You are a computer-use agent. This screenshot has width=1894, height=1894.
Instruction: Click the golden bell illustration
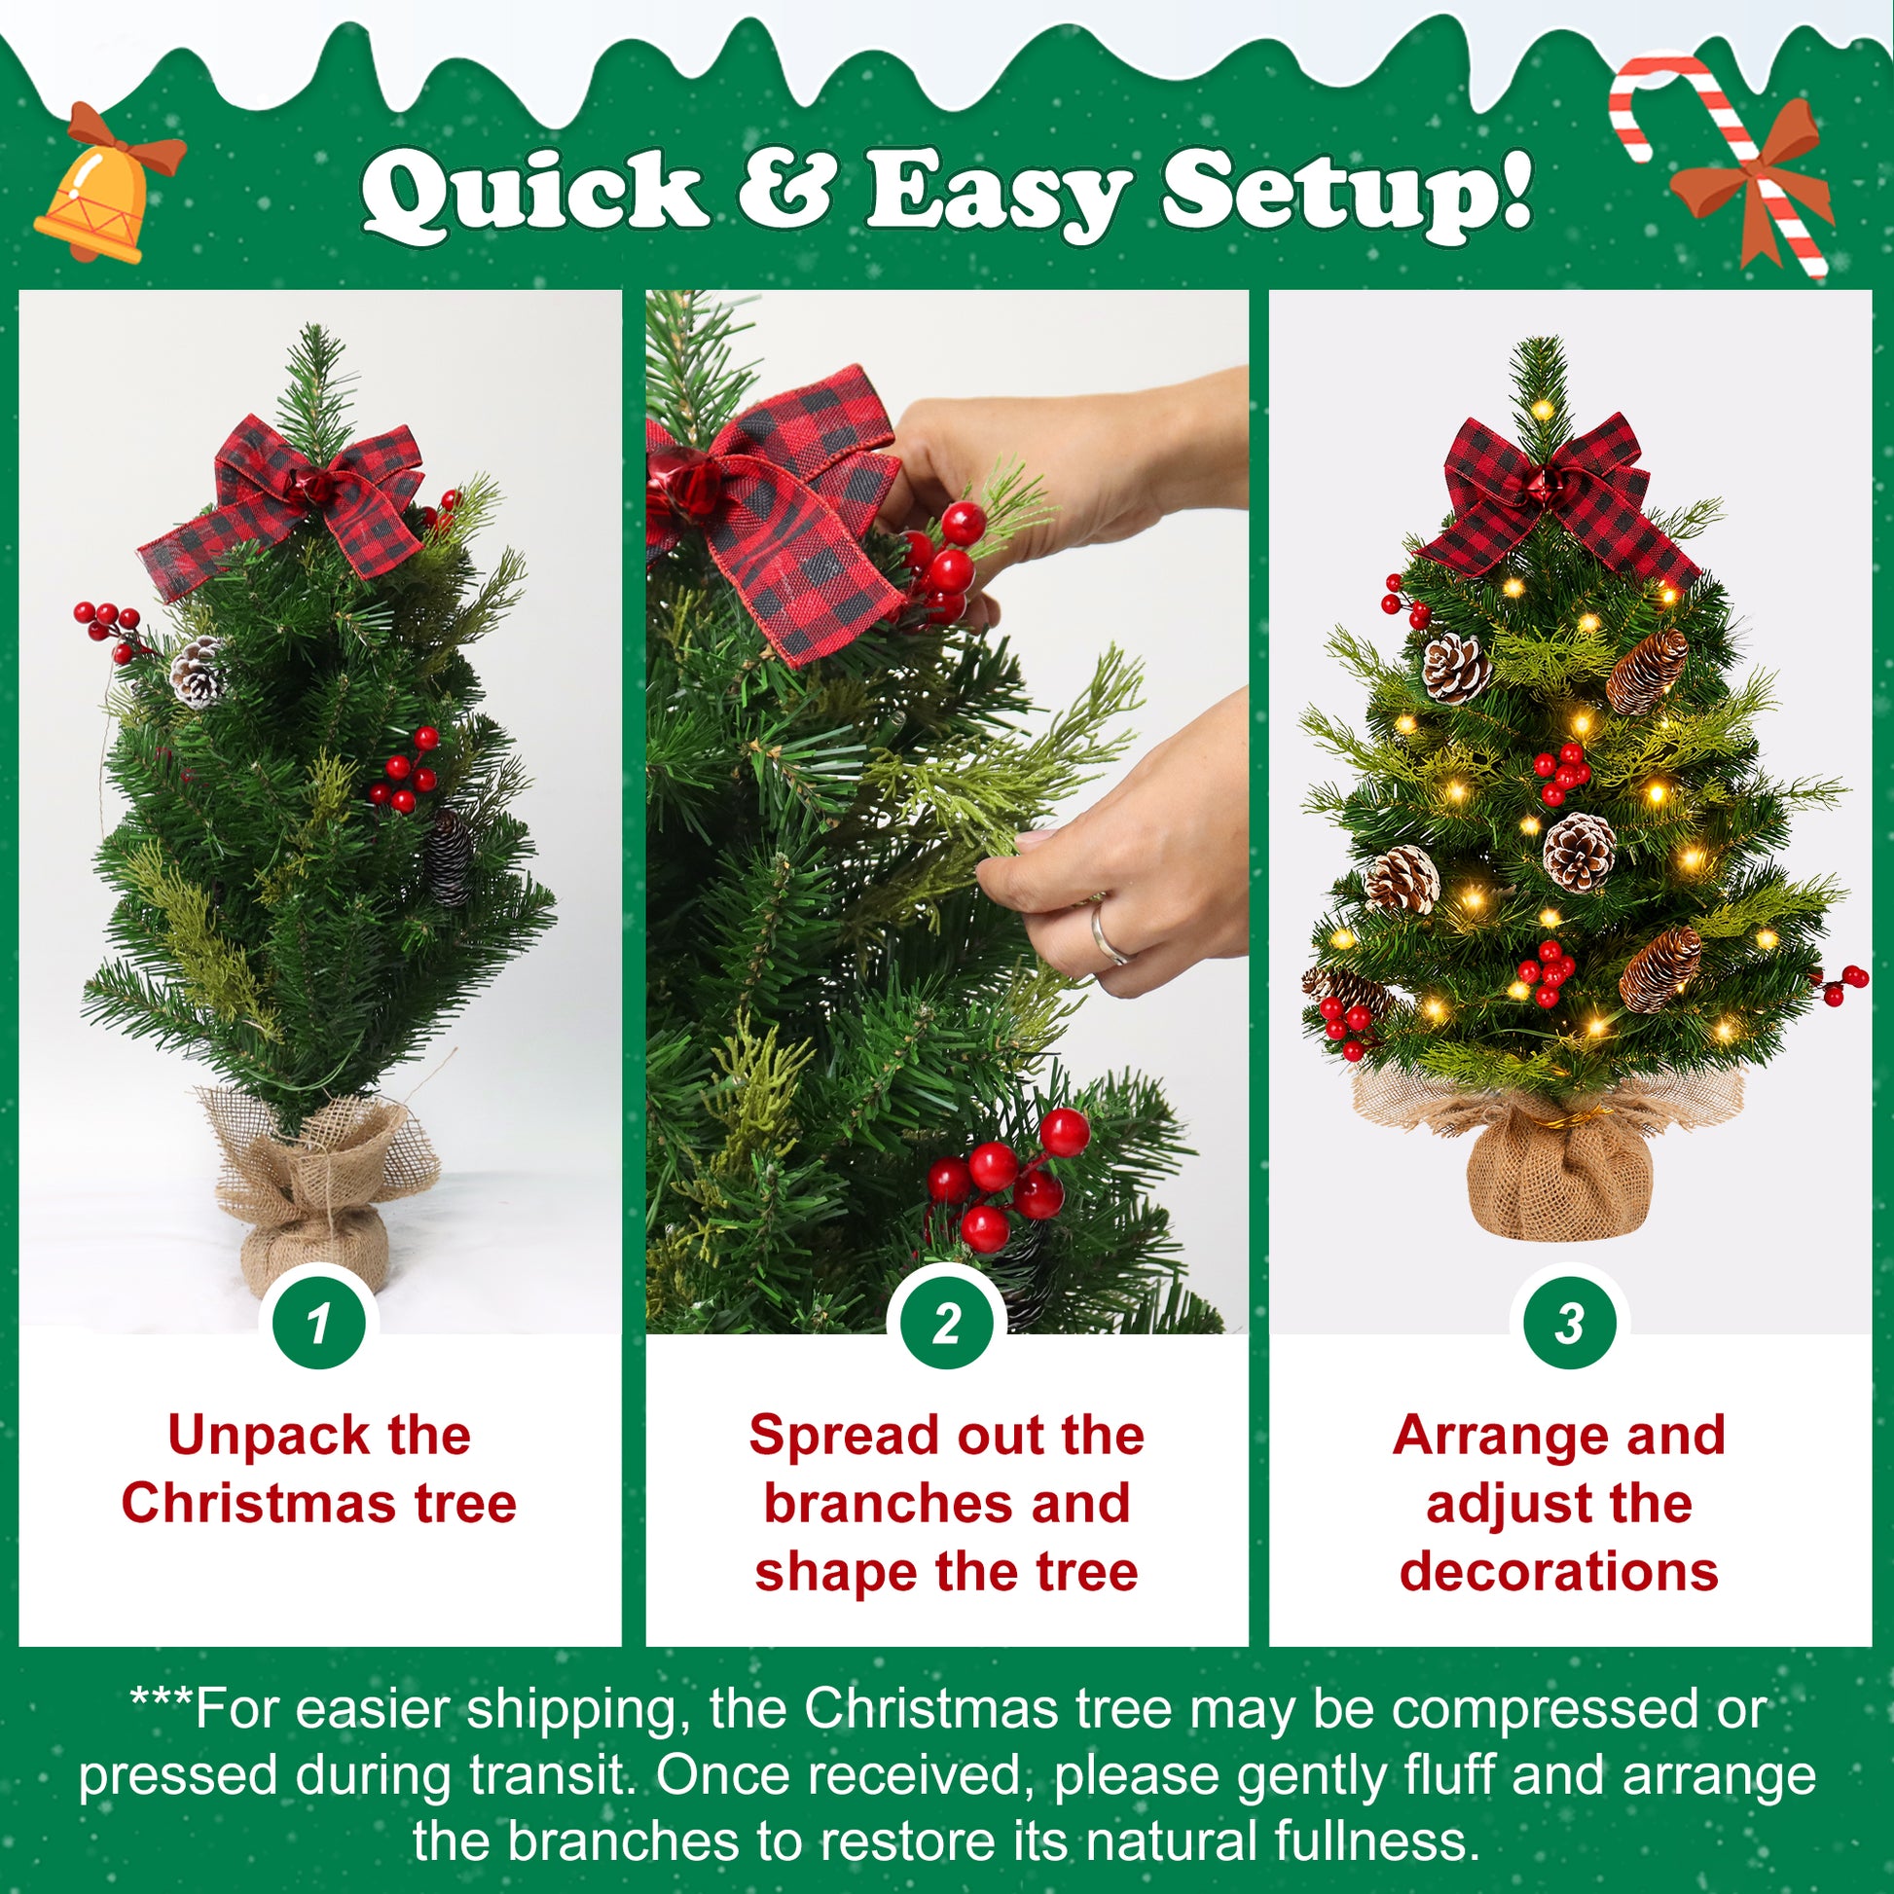[103, 191]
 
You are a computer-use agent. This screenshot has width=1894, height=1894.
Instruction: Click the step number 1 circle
[318, 1326]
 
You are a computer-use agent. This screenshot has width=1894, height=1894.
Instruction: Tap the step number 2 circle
[946, 1326]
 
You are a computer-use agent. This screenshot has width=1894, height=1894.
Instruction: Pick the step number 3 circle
[1570, 1326]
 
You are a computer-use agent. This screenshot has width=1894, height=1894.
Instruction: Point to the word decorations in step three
[1559, 1572]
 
